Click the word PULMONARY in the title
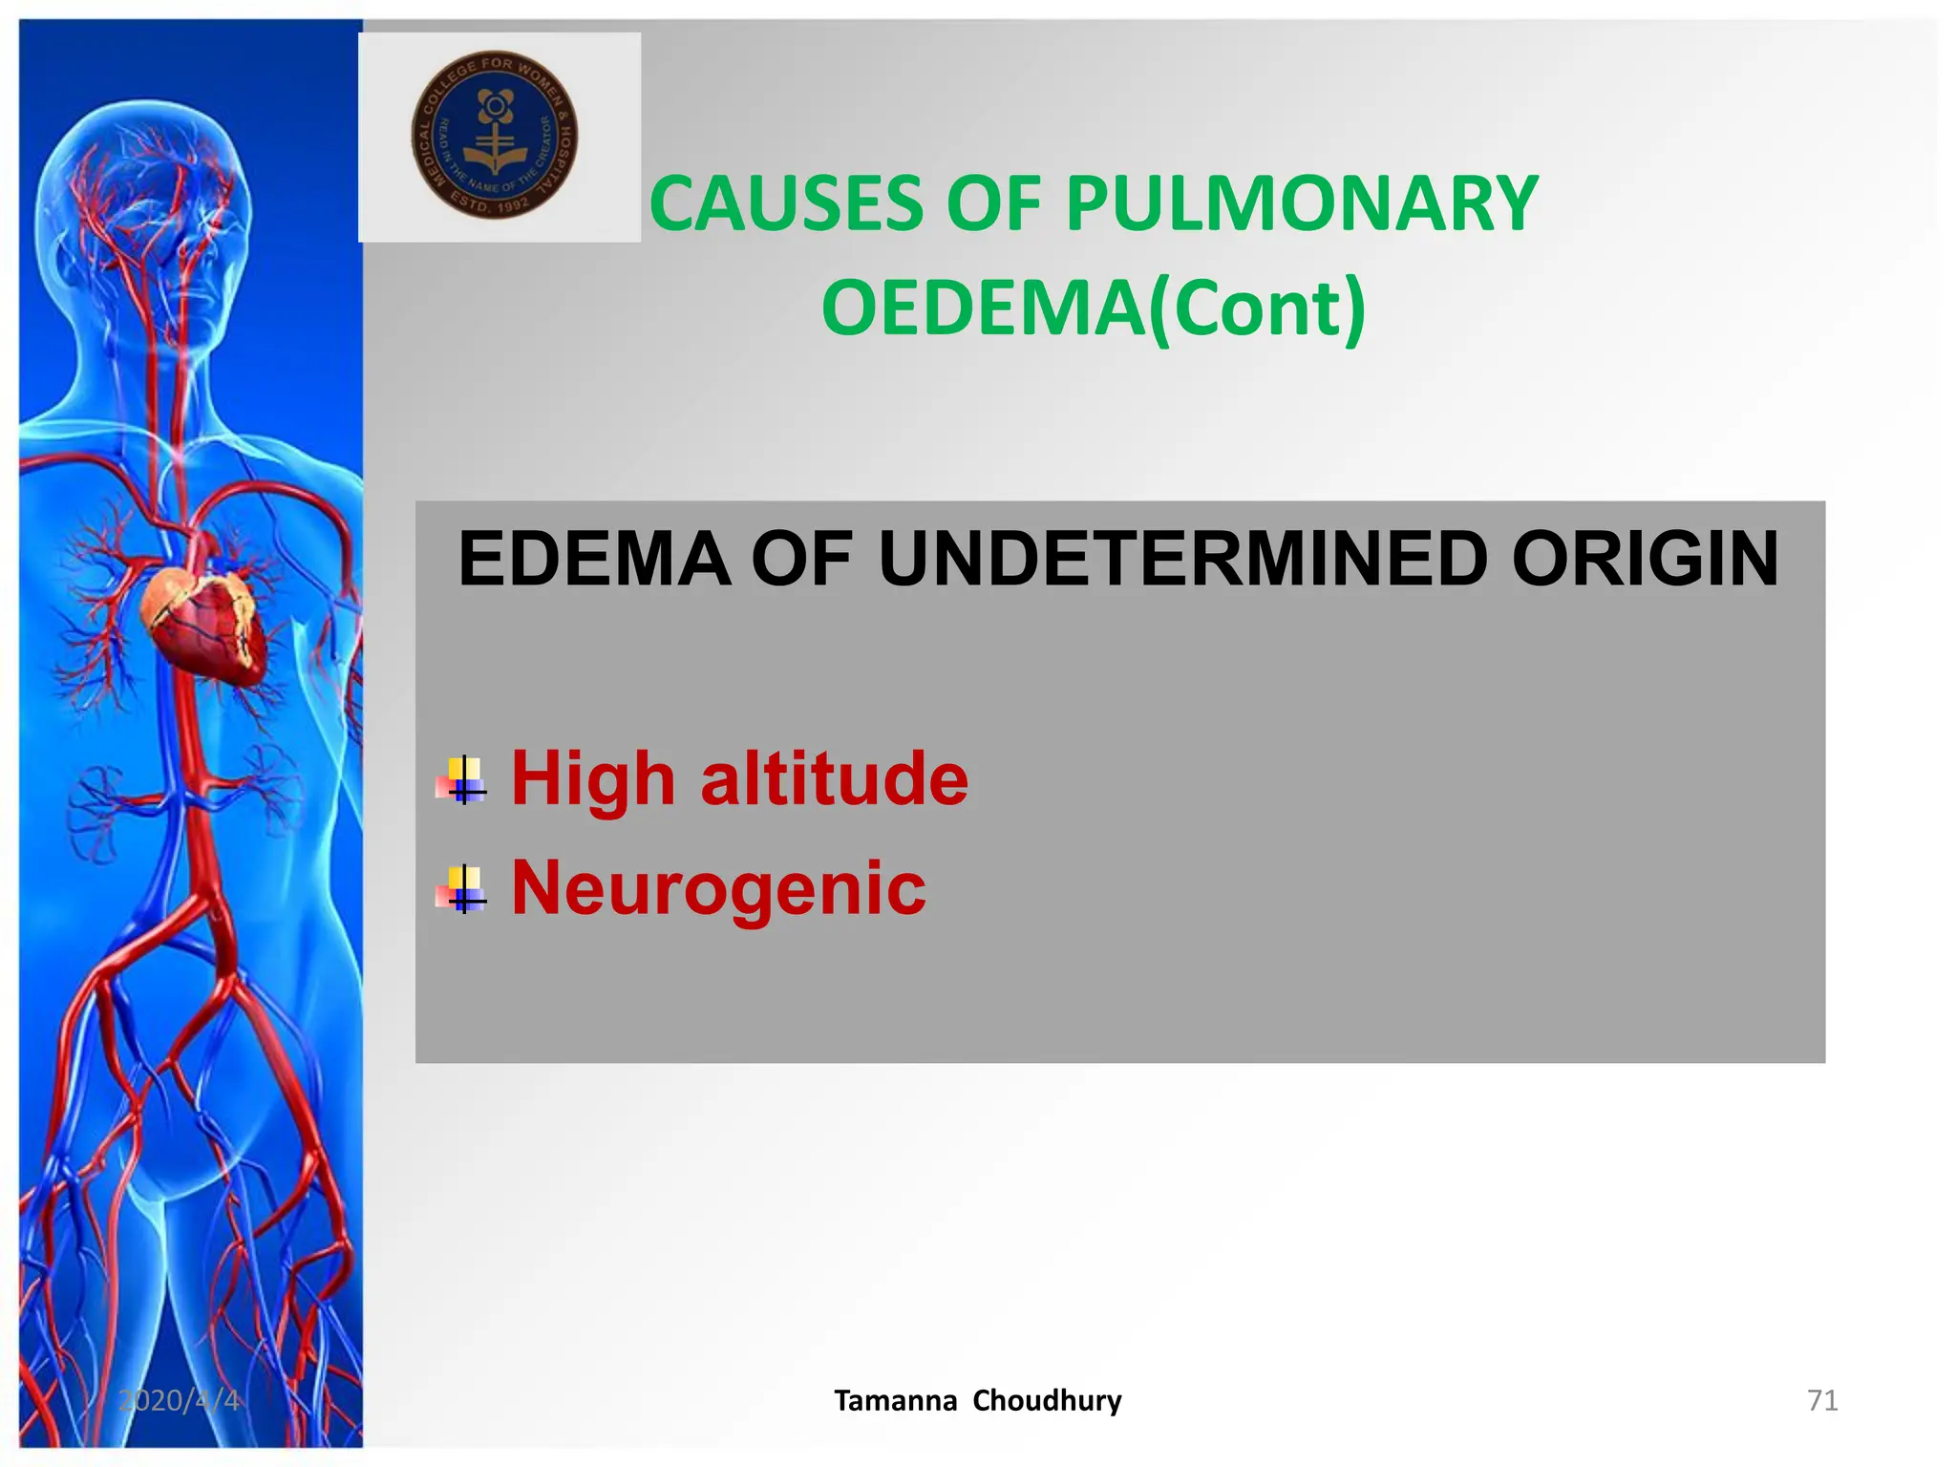(x=1301, y=204)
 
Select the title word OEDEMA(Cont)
(x=1094, y=308)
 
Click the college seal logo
(x=494, y=135)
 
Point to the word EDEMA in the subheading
(x=594, y=559)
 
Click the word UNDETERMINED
(x=1182, y=559)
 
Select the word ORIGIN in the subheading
(x=1645, y=559)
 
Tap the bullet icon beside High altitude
(x=462, y=780)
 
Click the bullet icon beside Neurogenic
(x=462, y=889)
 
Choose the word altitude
(x=834, y=778)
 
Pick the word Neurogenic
(x=718, y=888)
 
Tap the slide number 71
(x=1822, y=1400)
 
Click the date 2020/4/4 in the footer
(x=179, y=1400)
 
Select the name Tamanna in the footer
(x=895, y=1400)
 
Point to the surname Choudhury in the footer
(x=1047, y=1400)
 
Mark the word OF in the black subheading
(x=801, y=559)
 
